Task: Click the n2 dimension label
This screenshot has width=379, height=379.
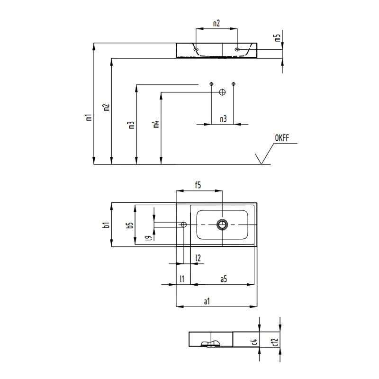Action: pos(216,23)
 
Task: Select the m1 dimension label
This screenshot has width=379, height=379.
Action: pos(88,117)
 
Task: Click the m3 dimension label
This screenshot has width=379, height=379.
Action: pos(131,125)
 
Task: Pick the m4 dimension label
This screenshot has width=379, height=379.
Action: pos(155,125)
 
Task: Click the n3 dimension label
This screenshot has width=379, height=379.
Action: pos(223,119)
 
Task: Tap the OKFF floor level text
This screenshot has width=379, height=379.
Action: pos(282,138)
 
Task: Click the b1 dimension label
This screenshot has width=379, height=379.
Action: pos(107,225)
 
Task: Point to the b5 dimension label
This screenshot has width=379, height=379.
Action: pos(129,226)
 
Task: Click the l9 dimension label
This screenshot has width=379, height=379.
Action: pos(148,238)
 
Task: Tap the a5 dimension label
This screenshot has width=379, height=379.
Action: pos(224,279)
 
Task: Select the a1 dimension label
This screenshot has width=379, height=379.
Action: pos(207,301)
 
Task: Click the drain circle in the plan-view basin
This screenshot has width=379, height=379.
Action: pos(222,224)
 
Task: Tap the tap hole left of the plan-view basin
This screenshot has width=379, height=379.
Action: pos(184,224)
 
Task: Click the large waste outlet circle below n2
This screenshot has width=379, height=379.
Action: pos(221,92)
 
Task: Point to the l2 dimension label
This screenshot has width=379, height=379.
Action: pos(198,258)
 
